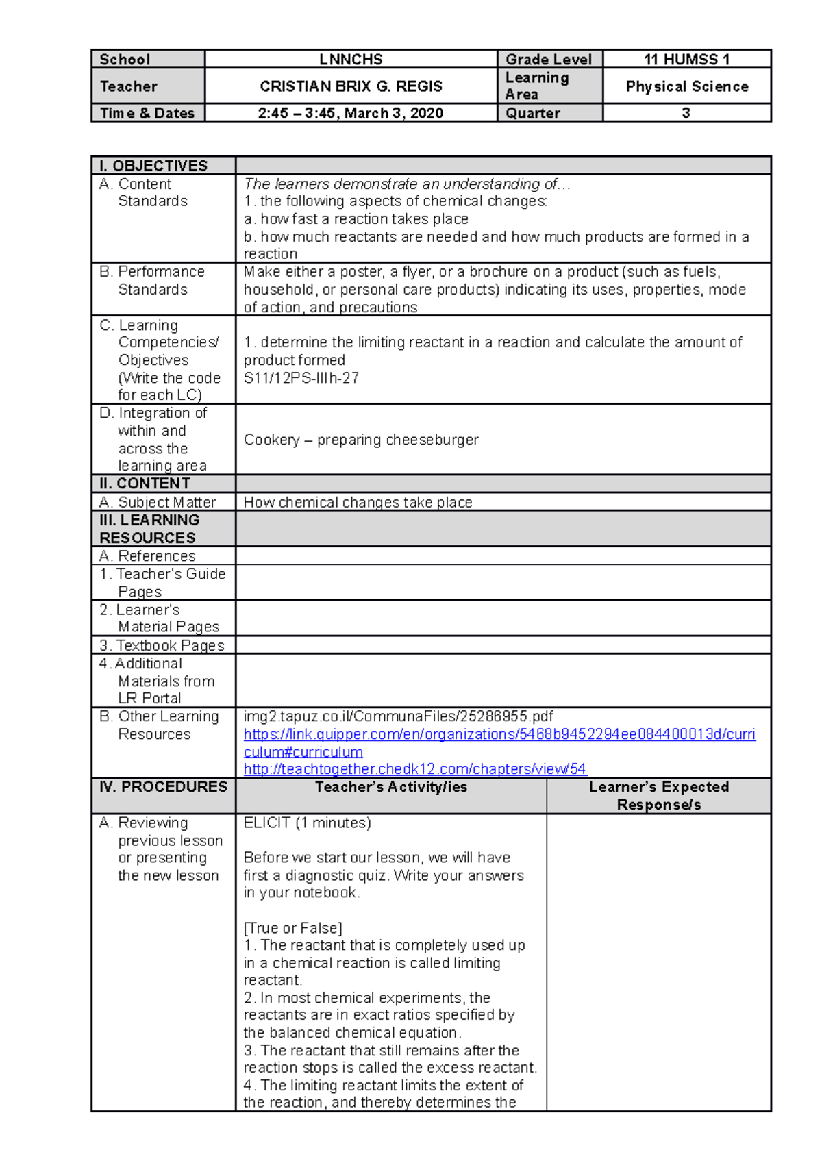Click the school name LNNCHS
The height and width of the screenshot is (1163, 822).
pos(351,60)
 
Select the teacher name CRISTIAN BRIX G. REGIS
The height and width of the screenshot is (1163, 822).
pos(351,86)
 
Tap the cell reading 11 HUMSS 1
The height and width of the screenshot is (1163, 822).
pos(686,60)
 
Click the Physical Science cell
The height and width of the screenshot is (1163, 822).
pos(686,86)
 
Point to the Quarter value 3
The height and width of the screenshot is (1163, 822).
pos(686,113)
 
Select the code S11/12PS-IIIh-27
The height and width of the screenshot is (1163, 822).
pos(301,378)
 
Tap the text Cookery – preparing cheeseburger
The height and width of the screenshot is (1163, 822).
pos(361,440)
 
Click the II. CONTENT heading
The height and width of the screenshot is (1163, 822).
pos(145,484)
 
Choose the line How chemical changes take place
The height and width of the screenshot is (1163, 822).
pos(358,502)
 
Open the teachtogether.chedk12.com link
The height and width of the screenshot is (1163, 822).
pos(415,769)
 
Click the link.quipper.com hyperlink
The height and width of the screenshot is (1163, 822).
pos(499,734)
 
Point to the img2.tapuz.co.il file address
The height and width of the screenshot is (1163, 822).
pos(398,716)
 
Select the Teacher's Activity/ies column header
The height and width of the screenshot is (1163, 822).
pos(391,788)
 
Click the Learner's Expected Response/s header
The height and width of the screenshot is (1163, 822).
pos(658,795)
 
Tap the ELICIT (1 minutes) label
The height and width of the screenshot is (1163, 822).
pos(307,823)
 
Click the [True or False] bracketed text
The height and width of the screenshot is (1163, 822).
pos(292,928)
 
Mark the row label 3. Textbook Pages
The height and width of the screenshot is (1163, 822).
pos(162,645)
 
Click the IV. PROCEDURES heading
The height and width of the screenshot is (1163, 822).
pos(163,787)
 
